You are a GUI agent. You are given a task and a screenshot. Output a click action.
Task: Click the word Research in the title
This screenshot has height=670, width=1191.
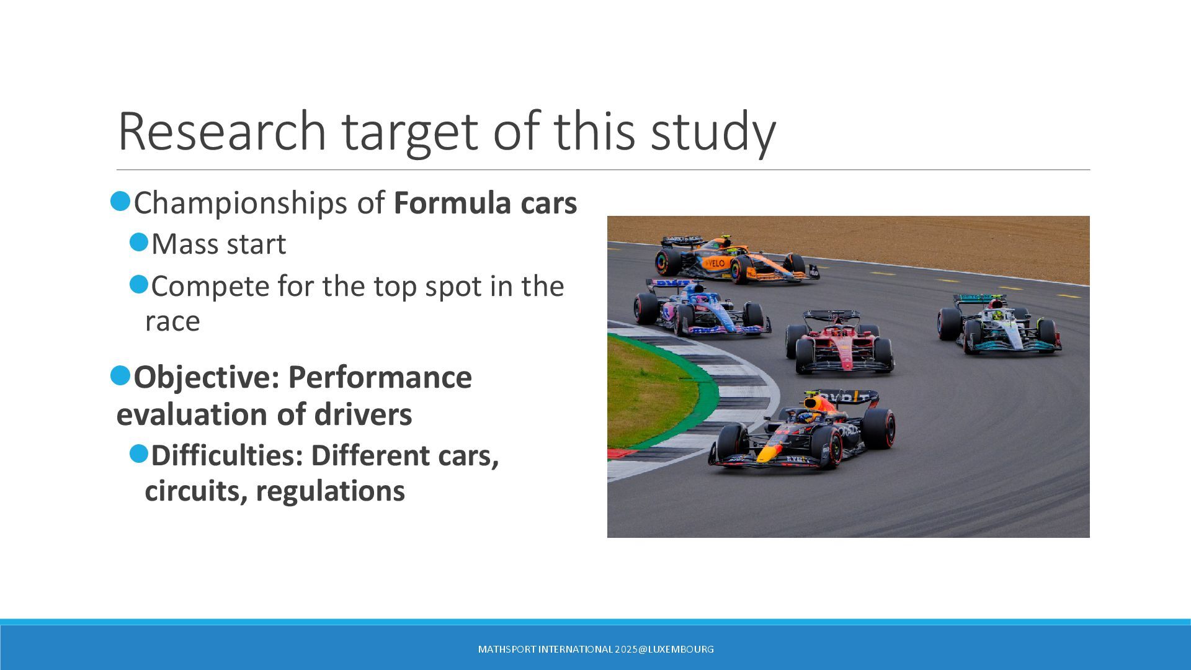click(x=221, y=131)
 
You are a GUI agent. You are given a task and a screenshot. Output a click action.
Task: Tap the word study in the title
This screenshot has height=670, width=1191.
click(x=713, y=132)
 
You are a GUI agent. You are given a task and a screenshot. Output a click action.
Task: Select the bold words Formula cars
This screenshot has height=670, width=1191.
click(x=485, y=203)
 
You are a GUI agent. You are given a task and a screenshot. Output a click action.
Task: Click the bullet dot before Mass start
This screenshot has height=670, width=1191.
click(x=139, y=242)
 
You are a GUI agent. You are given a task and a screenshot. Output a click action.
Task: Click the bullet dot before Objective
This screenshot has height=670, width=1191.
click(x=120, y=375)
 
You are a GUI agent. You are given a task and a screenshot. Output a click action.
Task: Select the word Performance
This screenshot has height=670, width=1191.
click(x=380, y=377)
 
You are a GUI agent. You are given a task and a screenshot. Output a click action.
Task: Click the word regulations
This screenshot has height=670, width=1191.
click(x=330, y=492)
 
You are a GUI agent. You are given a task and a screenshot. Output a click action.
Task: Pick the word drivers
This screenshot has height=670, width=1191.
click(x=363, y=414)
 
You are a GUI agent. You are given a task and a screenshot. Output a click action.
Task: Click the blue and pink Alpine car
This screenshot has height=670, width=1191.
click(x=702, y=307)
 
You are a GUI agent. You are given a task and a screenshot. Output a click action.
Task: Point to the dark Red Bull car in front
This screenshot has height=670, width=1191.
click(x=802, y=429)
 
